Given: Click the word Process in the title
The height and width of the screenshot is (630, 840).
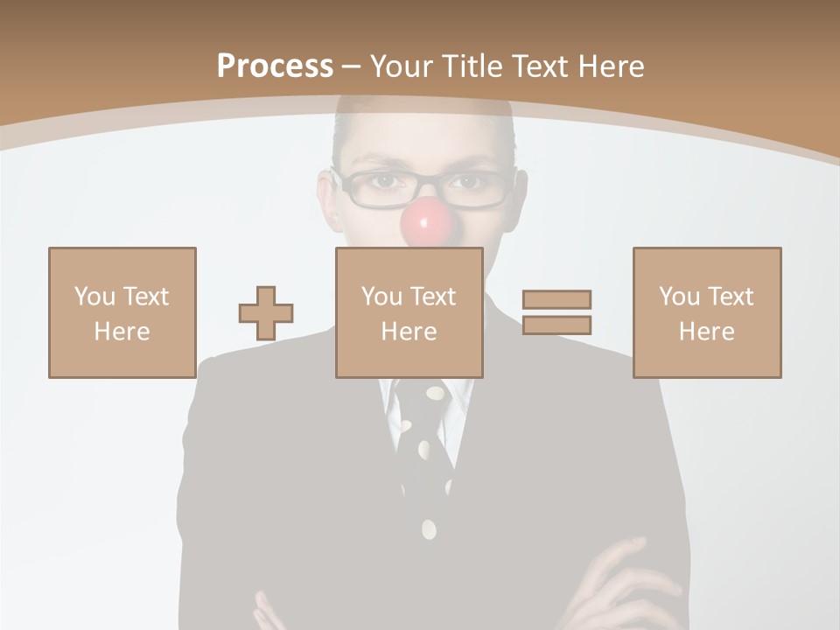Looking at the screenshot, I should coord(275,66).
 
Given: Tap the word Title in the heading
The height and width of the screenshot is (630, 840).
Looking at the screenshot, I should coord(472,66).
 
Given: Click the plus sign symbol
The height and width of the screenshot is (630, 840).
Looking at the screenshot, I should coord(266,313).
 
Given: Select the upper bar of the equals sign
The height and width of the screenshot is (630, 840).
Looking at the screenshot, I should coord(556,299).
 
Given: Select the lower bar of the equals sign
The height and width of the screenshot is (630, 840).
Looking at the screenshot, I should coord(556,325).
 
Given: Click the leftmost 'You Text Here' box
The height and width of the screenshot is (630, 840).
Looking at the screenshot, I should coord(122,312).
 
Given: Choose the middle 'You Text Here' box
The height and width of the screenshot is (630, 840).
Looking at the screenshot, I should coord(409,312).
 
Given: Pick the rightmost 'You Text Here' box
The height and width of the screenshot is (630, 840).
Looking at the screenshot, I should coord(706,312).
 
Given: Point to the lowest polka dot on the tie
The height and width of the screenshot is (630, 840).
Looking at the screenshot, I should coord(429,528).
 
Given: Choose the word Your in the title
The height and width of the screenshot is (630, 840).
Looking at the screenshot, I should coord(402,66).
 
